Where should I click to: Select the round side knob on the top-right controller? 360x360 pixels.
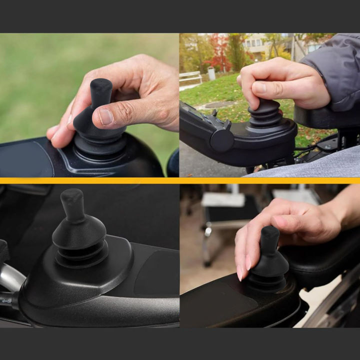222,139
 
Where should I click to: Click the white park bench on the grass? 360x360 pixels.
190,77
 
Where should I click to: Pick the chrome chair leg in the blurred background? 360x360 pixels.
206,245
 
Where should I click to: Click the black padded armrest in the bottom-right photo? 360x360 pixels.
320,260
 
